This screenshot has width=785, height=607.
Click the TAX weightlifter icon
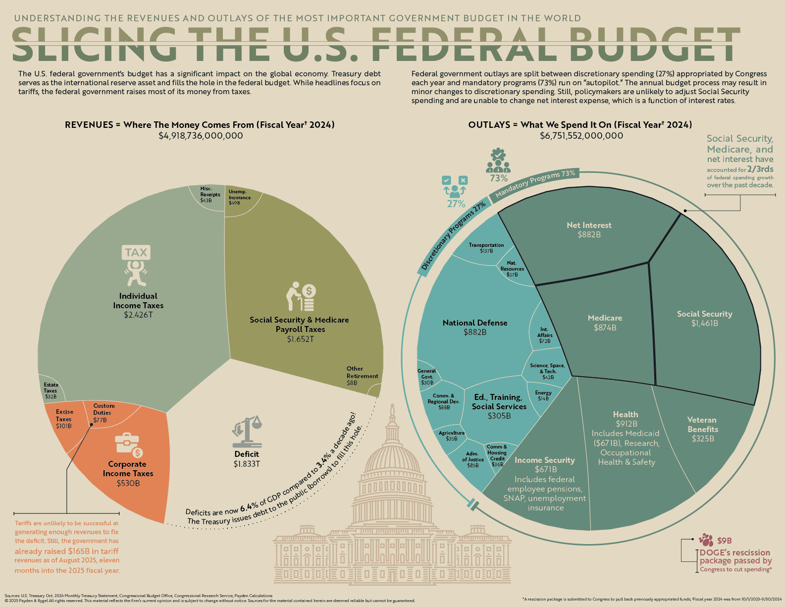(x=136, y=265)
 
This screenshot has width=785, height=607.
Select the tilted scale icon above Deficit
(x=247, y=431)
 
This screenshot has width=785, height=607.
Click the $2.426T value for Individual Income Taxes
(x=138, y=315)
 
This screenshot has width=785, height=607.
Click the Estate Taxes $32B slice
(x=51, y=390)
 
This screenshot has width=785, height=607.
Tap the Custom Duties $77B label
(x=103, y=413)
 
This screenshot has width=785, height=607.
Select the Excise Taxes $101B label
(x=64, y=419)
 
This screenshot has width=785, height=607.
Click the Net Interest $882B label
(x=589, y=230)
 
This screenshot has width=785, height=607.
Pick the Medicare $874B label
(x=605, y=323)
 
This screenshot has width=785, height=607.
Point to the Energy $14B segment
(x=543, y=395)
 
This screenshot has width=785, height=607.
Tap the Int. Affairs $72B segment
(x=544, y=335)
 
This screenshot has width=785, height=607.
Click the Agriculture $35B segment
(x=451, y=436)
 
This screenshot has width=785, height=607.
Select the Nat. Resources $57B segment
(x=512, y=269)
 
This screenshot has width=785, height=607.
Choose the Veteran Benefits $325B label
(x=702, y=429)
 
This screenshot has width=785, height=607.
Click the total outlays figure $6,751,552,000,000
(x=581, y=136)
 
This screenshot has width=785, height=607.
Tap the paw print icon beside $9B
(x=706, y=540)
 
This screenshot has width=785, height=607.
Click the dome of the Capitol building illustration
(x=392, y=456)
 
